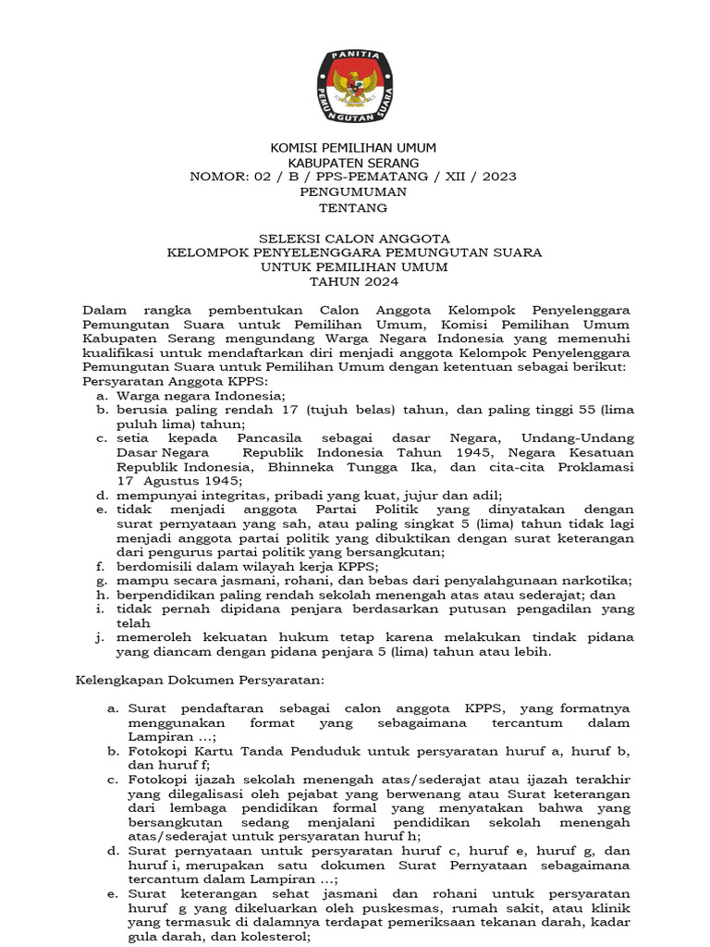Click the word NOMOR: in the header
tap(217, 176)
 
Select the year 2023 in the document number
tap(498, 176)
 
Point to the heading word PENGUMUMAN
tap(353, 191)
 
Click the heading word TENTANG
tap(353, 208)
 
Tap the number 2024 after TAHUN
tap(374, 283)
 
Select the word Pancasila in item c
tap(274, 437)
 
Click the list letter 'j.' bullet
tap(98, 637)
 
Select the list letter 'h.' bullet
tap(99, 595)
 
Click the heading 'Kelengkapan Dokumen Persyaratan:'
tap(200, 680)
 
